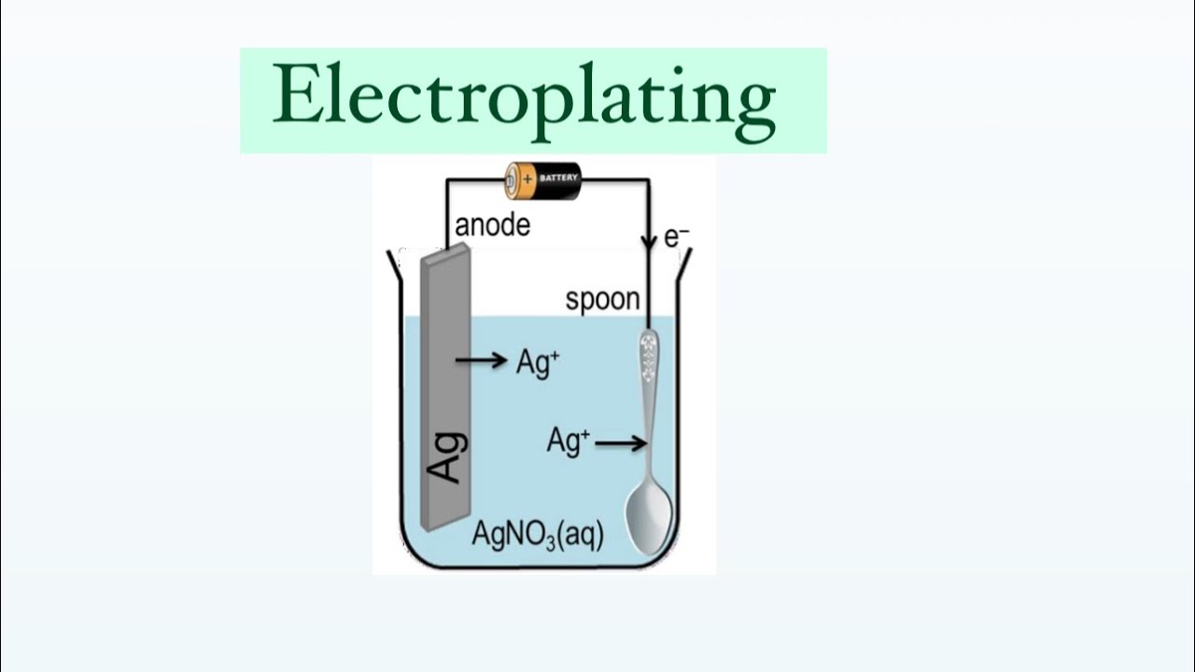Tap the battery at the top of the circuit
542,179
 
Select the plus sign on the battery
527,176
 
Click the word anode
492,226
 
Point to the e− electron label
676,237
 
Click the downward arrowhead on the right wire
648,245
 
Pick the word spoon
603,300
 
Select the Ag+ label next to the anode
538,362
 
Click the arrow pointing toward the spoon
621,443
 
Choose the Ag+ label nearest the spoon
568,441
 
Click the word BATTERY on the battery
559,176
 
